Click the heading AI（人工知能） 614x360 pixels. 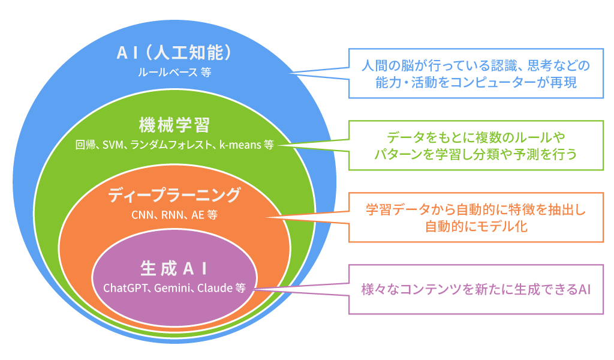pyautogui.click(x=174, y=53)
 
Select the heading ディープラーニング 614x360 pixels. pyautogui.click(x=174, y=195)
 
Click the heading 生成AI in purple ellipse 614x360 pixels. pyautogui.click(x=174, y=266)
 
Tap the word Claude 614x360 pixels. pyautogui.click(x=215, y=287)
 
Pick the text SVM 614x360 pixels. pyautogui.click(x=112, y=146)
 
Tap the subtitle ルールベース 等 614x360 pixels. pyautogui.click(x=174, y=73)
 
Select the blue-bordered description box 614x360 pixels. pyautogui.click(x=476, y=73)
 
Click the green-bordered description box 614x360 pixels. pyautogui.click(x=476, y=145)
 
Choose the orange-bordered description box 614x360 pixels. pyautogui.click(x=476, y=217)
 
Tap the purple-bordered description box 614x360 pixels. pyautogui.click(x=476, y=289)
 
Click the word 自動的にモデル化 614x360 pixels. pyautogui.click(x=476, y=227)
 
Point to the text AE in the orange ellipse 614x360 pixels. pyautogui.click(x=197, y=215)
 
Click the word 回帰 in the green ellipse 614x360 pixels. pyautogui.click(x=84, y=146)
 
